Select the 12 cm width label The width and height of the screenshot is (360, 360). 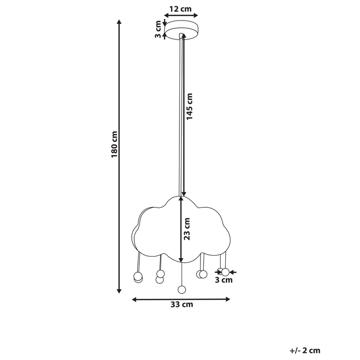pyautogui.click(x=181, y=8)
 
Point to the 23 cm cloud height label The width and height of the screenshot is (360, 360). pyautogui.click(x=187, y=229)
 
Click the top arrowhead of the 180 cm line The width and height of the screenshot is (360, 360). pyautogui.click(x=119, y=22)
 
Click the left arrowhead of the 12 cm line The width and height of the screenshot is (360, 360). pyautogui.click(x=166, y=15)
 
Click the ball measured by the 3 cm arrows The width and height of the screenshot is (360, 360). pyautogui.click(x=225, y=272)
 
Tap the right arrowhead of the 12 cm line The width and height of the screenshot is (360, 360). pyautogui.click(x=195, y=15)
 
